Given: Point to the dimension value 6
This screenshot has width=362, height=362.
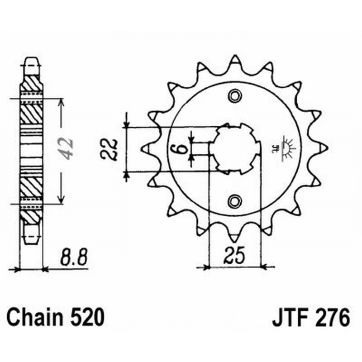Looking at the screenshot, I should pyautogui.click(x=180, y=148).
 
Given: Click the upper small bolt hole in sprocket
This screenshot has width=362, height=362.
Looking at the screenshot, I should pyautogui.click(x=234, y=95).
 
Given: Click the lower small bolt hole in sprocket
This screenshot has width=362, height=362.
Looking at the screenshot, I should pyautogui.click(x=234, y=200).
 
